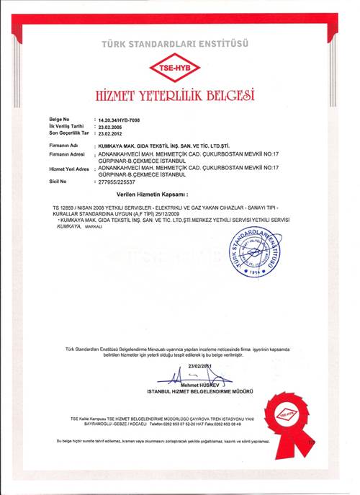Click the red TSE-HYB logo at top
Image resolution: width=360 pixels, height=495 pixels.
(x=180, y=68)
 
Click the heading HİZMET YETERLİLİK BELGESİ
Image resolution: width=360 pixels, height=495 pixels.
(x=180, y=96)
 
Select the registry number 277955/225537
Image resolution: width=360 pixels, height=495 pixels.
(x=117, y=182)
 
